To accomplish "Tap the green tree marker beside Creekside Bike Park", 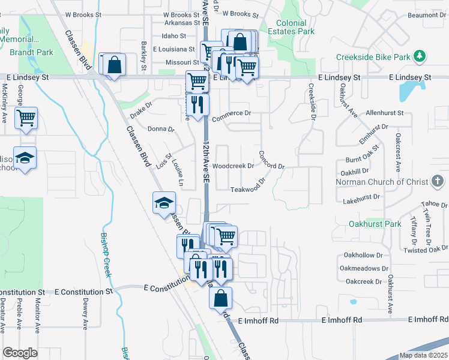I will pyautogui.click(x=420, y=57).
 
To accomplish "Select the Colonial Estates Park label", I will pyautogui.click(x=291, y=26).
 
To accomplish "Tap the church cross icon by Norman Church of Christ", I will pyautogui.click(x=438, y=181).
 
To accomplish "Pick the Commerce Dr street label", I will pyautogui.click(x=231, y=113).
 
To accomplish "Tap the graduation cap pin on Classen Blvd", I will pyautogui.click(x=163, y=203).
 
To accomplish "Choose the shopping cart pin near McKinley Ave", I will pyautogui.click(x=26, y=118).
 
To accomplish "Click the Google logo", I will pyautogui.click(x=20, y=353).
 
